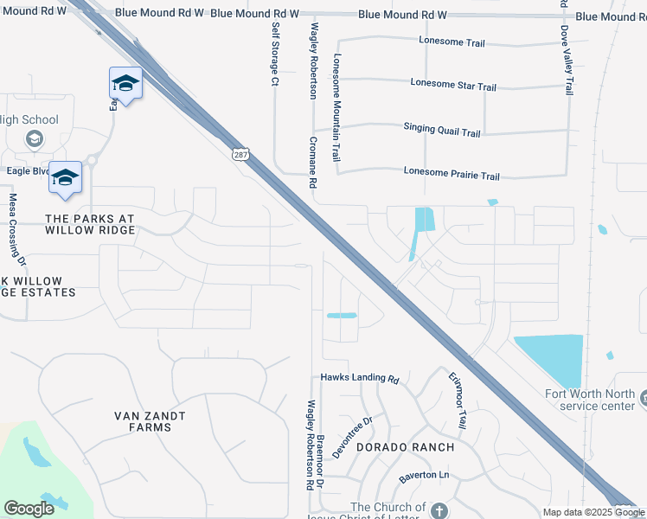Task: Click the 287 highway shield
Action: pyautogui.click(x=240, y=153)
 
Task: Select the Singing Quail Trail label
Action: pyautogui.click(x=441, y=131)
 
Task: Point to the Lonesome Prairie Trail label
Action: pyautogui.click(x=452, y=176)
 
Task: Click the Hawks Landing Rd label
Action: pyautogui.click(x=359, y=379)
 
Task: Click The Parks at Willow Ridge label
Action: pyautogui.click(x=90, y=224)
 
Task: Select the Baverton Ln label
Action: pyautogui.click(x=424, y=477)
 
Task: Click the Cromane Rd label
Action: pyautogui.click(x=314, y=163)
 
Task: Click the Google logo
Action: pyautogui.click(x=29, y=508)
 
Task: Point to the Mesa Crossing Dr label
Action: pyautogui.click(x=16, y=228)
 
